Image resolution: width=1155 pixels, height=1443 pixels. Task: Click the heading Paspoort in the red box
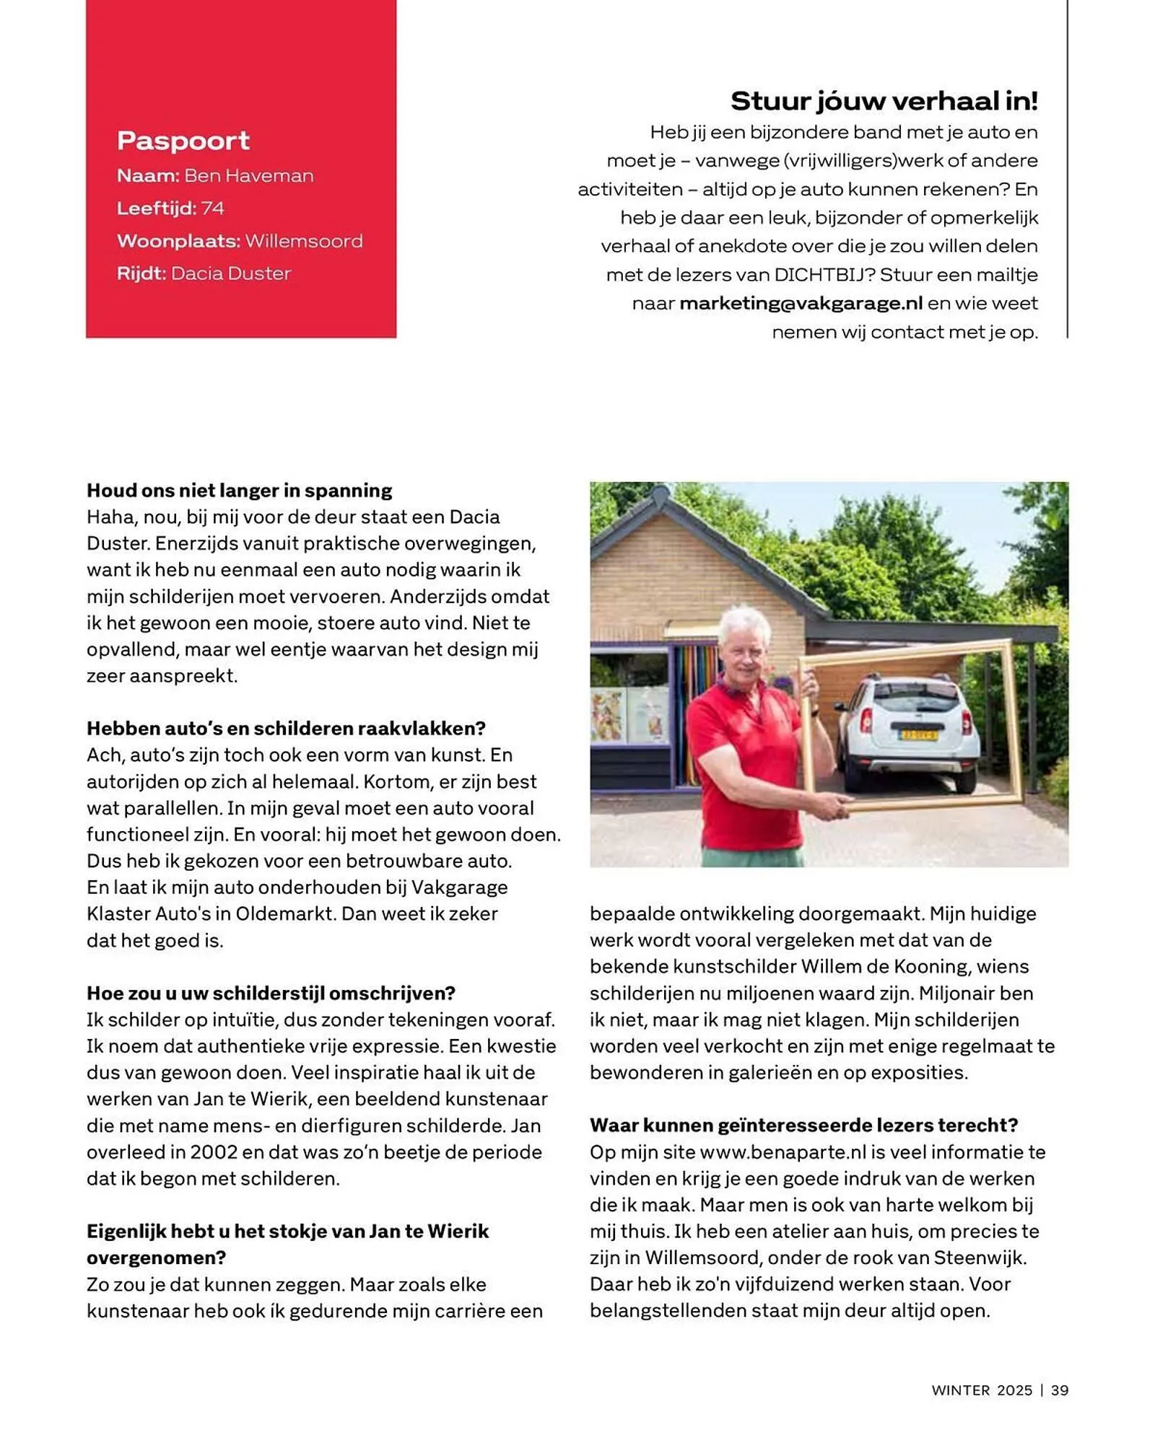[183, 141]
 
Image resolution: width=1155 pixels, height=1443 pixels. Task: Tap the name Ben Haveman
[248, 176]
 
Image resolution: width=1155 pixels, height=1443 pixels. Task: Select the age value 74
[212, 209]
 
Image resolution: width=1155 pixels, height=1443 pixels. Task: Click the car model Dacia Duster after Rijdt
[231, 273]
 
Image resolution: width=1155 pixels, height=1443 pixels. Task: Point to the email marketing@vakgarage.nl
[801, 303]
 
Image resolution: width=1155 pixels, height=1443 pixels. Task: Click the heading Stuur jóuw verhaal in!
[884, 101]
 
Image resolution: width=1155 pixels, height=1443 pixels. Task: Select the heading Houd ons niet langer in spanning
[239, 491]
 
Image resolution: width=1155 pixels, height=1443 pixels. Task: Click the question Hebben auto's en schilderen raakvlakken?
[286, 728]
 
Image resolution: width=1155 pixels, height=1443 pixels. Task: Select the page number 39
[1059, 1390]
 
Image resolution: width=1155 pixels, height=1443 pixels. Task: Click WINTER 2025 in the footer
[982, 1390]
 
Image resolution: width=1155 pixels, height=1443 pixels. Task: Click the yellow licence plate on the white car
[918, 735]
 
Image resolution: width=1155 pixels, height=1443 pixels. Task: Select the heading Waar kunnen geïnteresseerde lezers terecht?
[803, 1125]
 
